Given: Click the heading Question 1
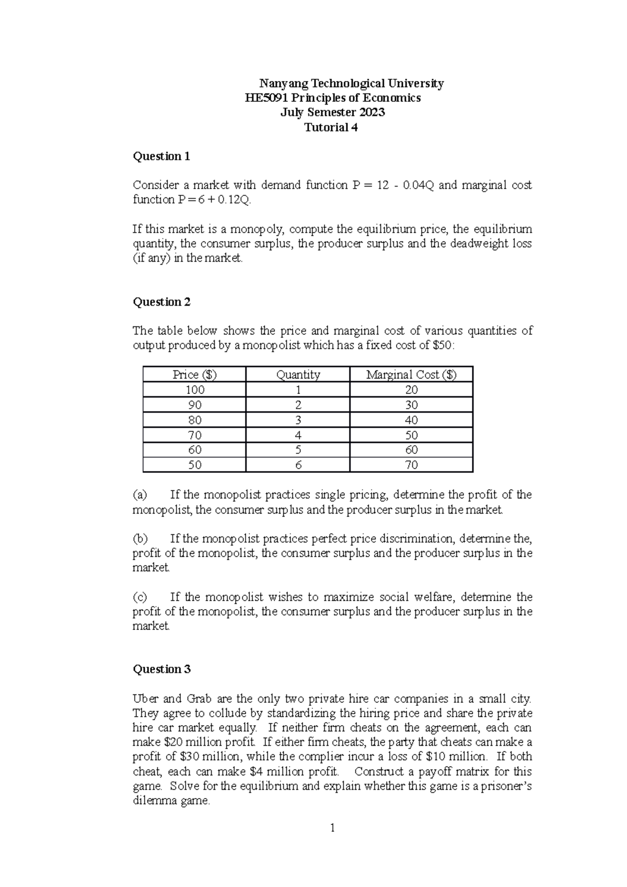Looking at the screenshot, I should (x=161, y=156).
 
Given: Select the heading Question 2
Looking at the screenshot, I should (x=162, y=302).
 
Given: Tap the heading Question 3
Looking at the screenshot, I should (x=162, y=669).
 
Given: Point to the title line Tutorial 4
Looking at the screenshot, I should (x=331, y=127).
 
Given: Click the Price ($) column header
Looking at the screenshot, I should (x=194, y=375).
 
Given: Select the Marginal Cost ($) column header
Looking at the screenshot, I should (x=411, y=375).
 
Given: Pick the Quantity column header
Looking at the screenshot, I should (x=298, y=375).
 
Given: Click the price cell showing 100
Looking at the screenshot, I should (x=194, y=390).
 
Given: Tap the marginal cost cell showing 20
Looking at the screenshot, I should (x=411, y=390).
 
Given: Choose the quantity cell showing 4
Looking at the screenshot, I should (x=298, y=435).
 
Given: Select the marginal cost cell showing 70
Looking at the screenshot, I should (x=411, y=465).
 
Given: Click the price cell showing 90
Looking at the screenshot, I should (x=194, y=405).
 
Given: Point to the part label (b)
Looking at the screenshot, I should (x=140, y=539).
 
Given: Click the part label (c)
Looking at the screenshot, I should (x=140, y=597).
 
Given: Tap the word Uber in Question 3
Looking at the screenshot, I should (x=144, y=699).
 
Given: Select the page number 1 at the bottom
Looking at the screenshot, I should (x=332, y=828).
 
